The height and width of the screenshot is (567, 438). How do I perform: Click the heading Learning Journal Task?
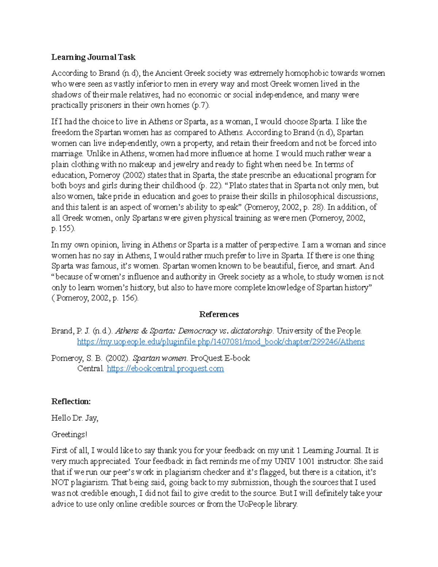(93, 57)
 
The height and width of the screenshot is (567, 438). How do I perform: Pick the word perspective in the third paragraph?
(278, 245)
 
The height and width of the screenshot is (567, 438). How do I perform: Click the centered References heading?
(219, 314)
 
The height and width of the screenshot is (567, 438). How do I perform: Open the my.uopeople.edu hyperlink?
(221, 342)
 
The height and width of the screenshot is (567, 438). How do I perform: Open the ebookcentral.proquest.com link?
(165, 369)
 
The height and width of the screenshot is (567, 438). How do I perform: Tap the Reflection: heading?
(71, 402)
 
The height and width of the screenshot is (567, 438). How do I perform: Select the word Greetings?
(69, 434)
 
